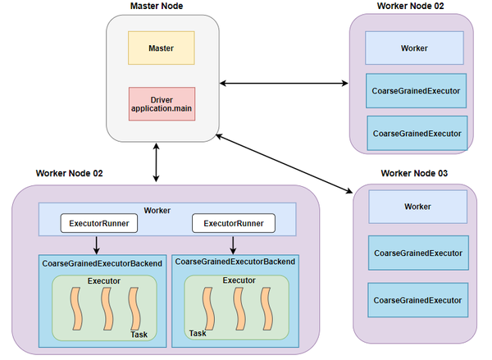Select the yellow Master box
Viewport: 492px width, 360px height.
pyautogui.click(x=161, y=48)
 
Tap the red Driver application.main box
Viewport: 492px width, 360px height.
pyautogui.click(x=162, y=103)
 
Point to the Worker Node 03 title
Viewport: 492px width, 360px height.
pyautogui.click(x=414, y=174)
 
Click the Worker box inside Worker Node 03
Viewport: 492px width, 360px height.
pyautogui.click(x=417, y=207)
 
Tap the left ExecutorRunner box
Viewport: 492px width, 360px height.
pyautogui.click(x=97, y=223)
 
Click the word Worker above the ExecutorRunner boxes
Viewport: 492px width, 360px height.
pyautogui.click(x=157, y=211)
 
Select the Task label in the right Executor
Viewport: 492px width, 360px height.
pyautogui.click(x=198, y=333)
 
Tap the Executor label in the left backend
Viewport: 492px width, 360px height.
pyautogui.click(x=104, y=281)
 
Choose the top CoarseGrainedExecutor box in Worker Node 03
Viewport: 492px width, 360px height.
pyautogui.click(x=418, y=253)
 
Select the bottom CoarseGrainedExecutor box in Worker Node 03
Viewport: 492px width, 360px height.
pyautogui.click(x=418, y=300)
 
